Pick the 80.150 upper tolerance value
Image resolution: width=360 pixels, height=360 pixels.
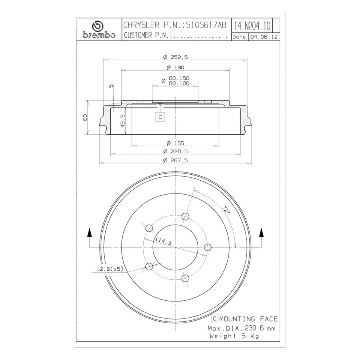[x=179, y=78]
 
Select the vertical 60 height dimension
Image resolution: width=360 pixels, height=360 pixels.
[x=85, y=117]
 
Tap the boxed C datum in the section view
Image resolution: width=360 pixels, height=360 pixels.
[x=160, y=117]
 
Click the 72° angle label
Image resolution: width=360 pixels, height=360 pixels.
[x=225, y=210]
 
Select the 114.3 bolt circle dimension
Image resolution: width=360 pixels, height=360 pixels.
[x=162, y=242]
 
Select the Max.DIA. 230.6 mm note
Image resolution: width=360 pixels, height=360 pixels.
[x=241, y=328]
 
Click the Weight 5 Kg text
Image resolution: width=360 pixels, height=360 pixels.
[x=234, y=336]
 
